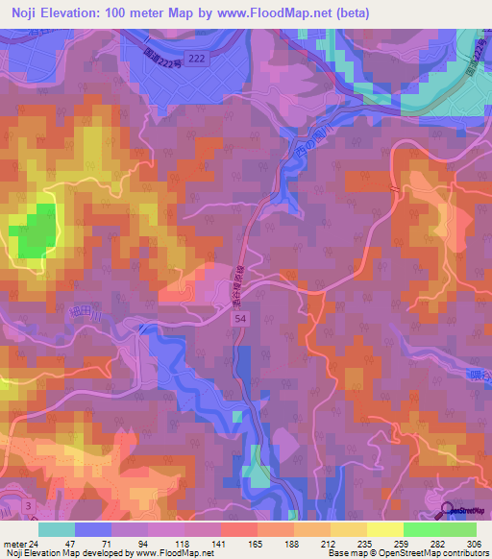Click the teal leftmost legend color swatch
pyautogui.click(x=57, y=528)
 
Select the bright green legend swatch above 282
pyautogui.click(x=422, y=528)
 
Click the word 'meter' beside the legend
pyautogui.click(x=13, y=540)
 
